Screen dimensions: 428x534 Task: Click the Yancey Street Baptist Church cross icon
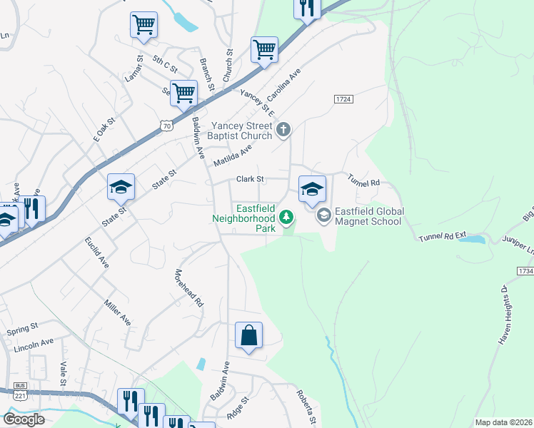pyautogui.click(x=283, y=129)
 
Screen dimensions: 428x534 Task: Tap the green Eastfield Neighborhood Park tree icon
pyautogui.click(x=287, y=216)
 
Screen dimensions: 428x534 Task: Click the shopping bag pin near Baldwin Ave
pyautogui.click(x=248, y=336)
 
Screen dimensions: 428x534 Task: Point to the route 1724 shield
pyautogui.click(x=343, y=99)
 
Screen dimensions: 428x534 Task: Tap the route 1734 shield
pyautogui.click(x=524, y=271)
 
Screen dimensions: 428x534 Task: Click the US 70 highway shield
pyautogui.click(x=166, y=126)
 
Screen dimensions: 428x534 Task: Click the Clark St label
pyautogui.click(x=251, y=179)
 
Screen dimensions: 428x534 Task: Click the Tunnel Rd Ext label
pyautogui.click(x=442, y=236)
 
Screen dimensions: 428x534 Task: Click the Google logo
pyautogui.click(x=24, y=419)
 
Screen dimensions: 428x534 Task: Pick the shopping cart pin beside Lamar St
pyautogui.click(x=143, y=25)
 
